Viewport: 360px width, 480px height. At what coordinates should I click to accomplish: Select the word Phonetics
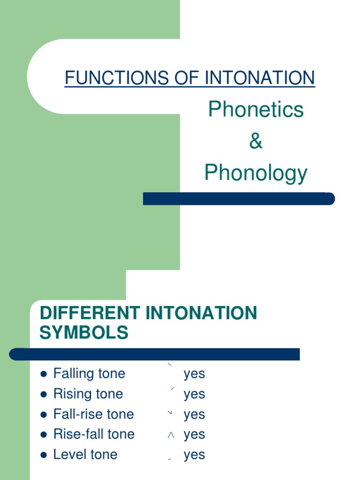[256, 110]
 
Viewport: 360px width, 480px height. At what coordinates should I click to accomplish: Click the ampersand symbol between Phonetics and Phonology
[256, 141]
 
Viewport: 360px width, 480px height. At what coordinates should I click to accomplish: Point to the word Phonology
[256, 173]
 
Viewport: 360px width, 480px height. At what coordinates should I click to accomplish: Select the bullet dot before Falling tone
[44, 374]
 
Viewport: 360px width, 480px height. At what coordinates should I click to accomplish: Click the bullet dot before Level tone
[44, 455]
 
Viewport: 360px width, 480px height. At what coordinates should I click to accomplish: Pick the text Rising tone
[88, 394]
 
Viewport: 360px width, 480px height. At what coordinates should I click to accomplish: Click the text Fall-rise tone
[94, 414]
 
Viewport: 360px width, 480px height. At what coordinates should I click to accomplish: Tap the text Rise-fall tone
[94, 434]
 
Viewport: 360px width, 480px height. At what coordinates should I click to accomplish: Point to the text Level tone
[85, 454]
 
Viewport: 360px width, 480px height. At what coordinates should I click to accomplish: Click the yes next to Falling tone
[195, 375]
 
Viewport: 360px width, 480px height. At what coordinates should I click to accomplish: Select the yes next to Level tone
[195, 455]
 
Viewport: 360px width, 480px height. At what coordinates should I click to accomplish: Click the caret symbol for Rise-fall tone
[171, 435]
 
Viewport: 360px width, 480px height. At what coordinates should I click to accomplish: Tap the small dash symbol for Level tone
[170, 459]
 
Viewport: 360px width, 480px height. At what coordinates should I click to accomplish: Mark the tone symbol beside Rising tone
[172, 389]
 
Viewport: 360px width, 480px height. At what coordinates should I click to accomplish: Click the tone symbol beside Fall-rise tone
[170, 412]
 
